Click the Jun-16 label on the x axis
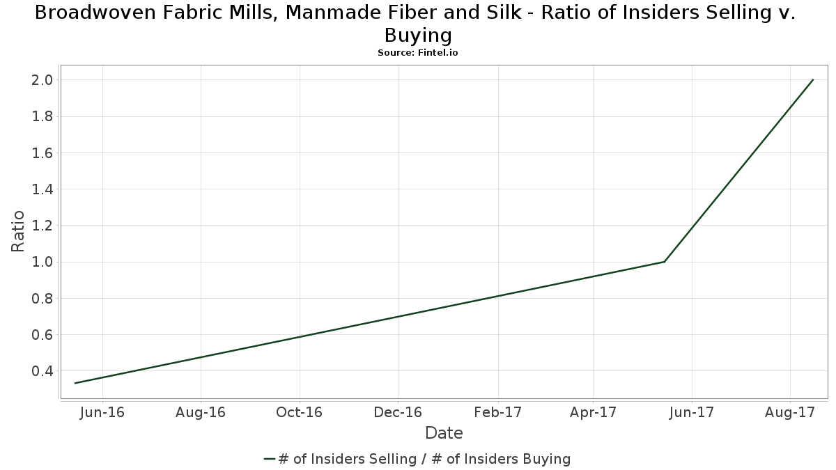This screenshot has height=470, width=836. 102,412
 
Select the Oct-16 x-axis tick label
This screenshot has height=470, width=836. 299,412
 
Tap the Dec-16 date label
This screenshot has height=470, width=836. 397,412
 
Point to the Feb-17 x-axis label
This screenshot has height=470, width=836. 498,412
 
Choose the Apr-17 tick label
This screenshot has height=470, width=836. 593,412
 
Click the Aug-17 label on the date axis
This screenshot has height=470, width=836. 790,412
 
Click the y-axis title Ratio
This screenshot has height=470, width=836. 19,231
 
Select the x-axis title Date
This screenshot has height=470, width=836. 444,433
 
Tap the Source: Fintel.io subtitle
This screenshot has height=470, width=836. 418,52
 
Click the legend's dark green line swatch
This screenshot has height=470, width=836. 270,459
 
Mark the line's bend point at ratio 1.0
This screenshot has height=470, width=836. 665,262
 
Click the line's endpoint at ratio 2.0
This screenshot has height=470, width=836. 813,79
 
